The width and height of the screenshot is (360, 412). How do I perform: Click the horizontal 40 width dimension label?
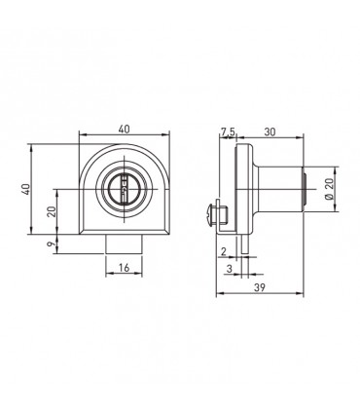124,129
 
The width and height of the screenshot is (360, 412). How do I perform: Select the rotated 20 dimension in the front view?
52,211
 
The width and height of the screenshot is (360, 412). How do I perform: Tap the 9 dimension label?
52,243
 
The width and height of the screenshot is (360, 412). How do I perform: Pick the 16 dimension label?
124,268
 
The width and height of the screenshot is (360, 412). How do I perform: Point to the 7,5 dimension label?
228,131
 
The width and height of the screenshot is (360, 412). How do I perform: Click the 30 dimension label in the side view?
270,131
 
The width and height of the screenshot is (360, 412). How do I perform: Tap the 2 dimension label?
223,251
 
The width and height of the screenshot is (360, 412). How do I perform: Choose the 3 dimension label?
230,269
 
